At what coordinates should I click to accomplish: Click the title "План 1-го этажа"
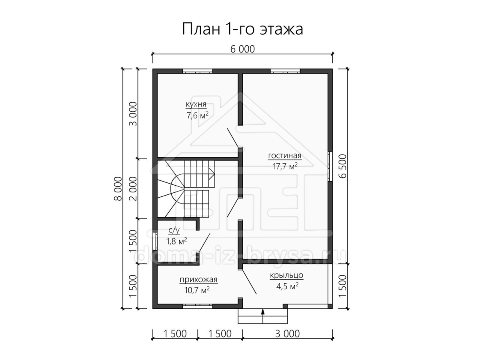pos(242,29)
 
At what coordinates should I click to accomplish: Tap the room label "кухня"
pos(196,104)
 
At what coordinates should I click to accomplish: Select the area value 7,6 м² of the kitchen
pos(197,115)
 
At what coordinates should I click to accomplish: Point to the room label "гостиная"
pos(285,156)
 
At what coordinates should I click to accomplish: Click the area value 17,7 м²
pos(285,166)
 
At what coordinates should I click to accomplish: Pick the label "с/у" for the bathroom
pos(174,230)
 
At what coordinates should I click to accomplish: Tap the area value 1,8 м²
pos(176,241)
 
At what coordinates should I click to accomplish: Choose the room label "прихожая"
pos(198,280)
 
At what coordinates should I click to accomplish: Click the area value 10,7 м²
pos(197,290)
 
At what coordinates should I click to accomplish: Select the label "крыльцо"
pos(286,275)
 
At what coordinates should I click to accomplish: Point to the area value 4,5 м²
pos(287,286)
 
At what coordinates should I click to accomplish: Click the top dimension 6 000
pos(242,49)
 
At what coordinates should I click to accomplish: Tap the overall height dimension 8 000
pos(118,189)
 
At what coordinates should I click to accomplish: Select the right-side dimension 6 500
pos(343,166)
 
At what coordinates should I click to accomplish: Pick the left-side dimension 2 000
pos(133,189)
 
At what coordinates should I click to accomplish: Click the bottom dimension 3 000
pos(287,334)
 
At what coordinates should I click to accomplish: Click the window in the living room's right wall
pos(330,166)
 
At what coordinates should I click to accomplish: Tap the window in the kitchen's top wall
pos(198,71)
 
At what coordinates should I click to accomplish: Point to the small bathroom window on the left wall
pos(155,241)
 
